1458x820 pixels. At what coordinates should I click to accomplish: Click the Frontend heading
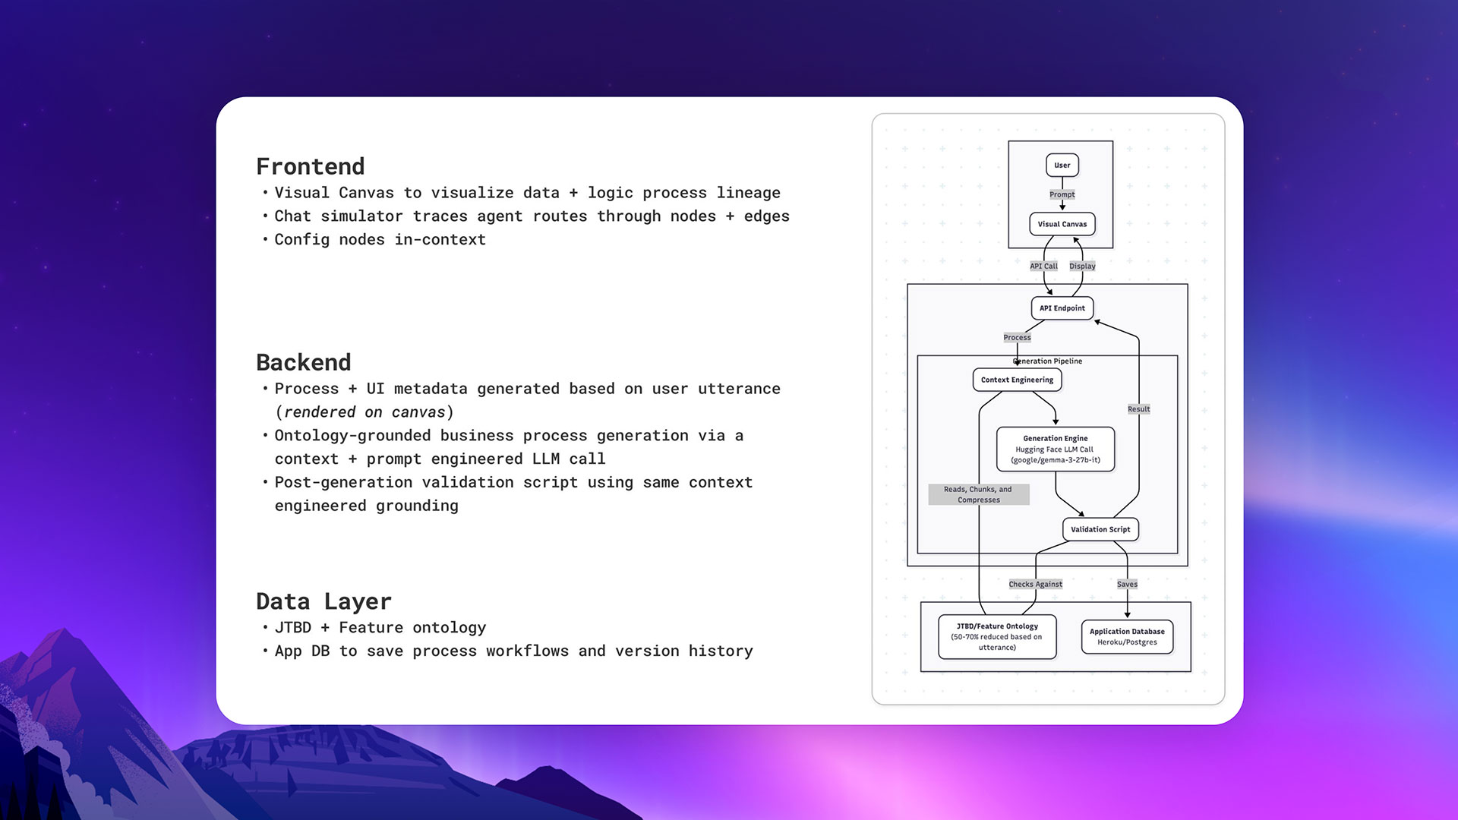[x=310, y=166]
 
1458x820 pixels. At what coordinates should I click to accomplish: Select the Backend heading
[x=303, y=362]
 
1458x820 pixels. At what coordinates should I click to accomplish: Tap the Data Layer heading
[x=323, y=601]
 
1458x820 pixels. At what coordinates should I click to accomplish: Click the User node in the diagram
[x=1062, y=165]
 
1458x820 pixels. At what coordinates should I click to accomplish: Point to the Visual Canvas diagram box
[x=1062, y=224]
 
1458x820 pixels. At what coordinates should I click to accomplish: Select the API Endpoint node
[x=1062, y=308]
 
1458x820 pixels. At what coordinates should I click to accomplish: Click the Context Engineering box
[x=1017, y=380]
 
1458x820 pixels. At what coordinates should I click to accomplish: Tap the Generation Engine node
[x=1055, y=449]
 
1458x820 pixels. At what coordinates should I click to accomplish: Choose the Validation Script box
[x=1100, y=529]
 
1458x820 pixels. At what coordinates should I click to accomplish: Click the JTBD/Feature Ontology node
[x=996, y=636]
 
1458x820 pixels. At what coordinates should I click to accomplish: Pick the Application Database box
[x=1127, y=636]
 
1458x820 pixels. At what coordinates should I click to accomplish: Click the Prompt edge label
[x=1062, y=194]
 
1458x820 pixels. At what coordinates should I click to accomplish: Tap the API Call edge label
[x=1043, y=266]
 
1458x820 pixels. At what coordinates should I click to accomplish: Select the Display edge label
[x=1082, y=266]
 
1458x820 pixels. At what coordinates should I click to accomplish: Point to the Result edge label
[x=1138, y=409]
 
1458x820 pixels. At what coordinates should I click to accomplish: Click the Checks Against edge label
[x=1035, y=584]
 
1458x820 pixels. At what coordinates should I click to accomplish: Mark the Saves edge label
[x=1127, y=584]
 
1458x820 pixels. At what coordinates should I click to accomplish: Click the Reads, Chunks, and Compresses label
[x=978, y=494]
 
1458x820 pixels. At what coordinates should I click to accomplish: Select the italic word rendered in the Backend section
[x=319, y=412]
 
